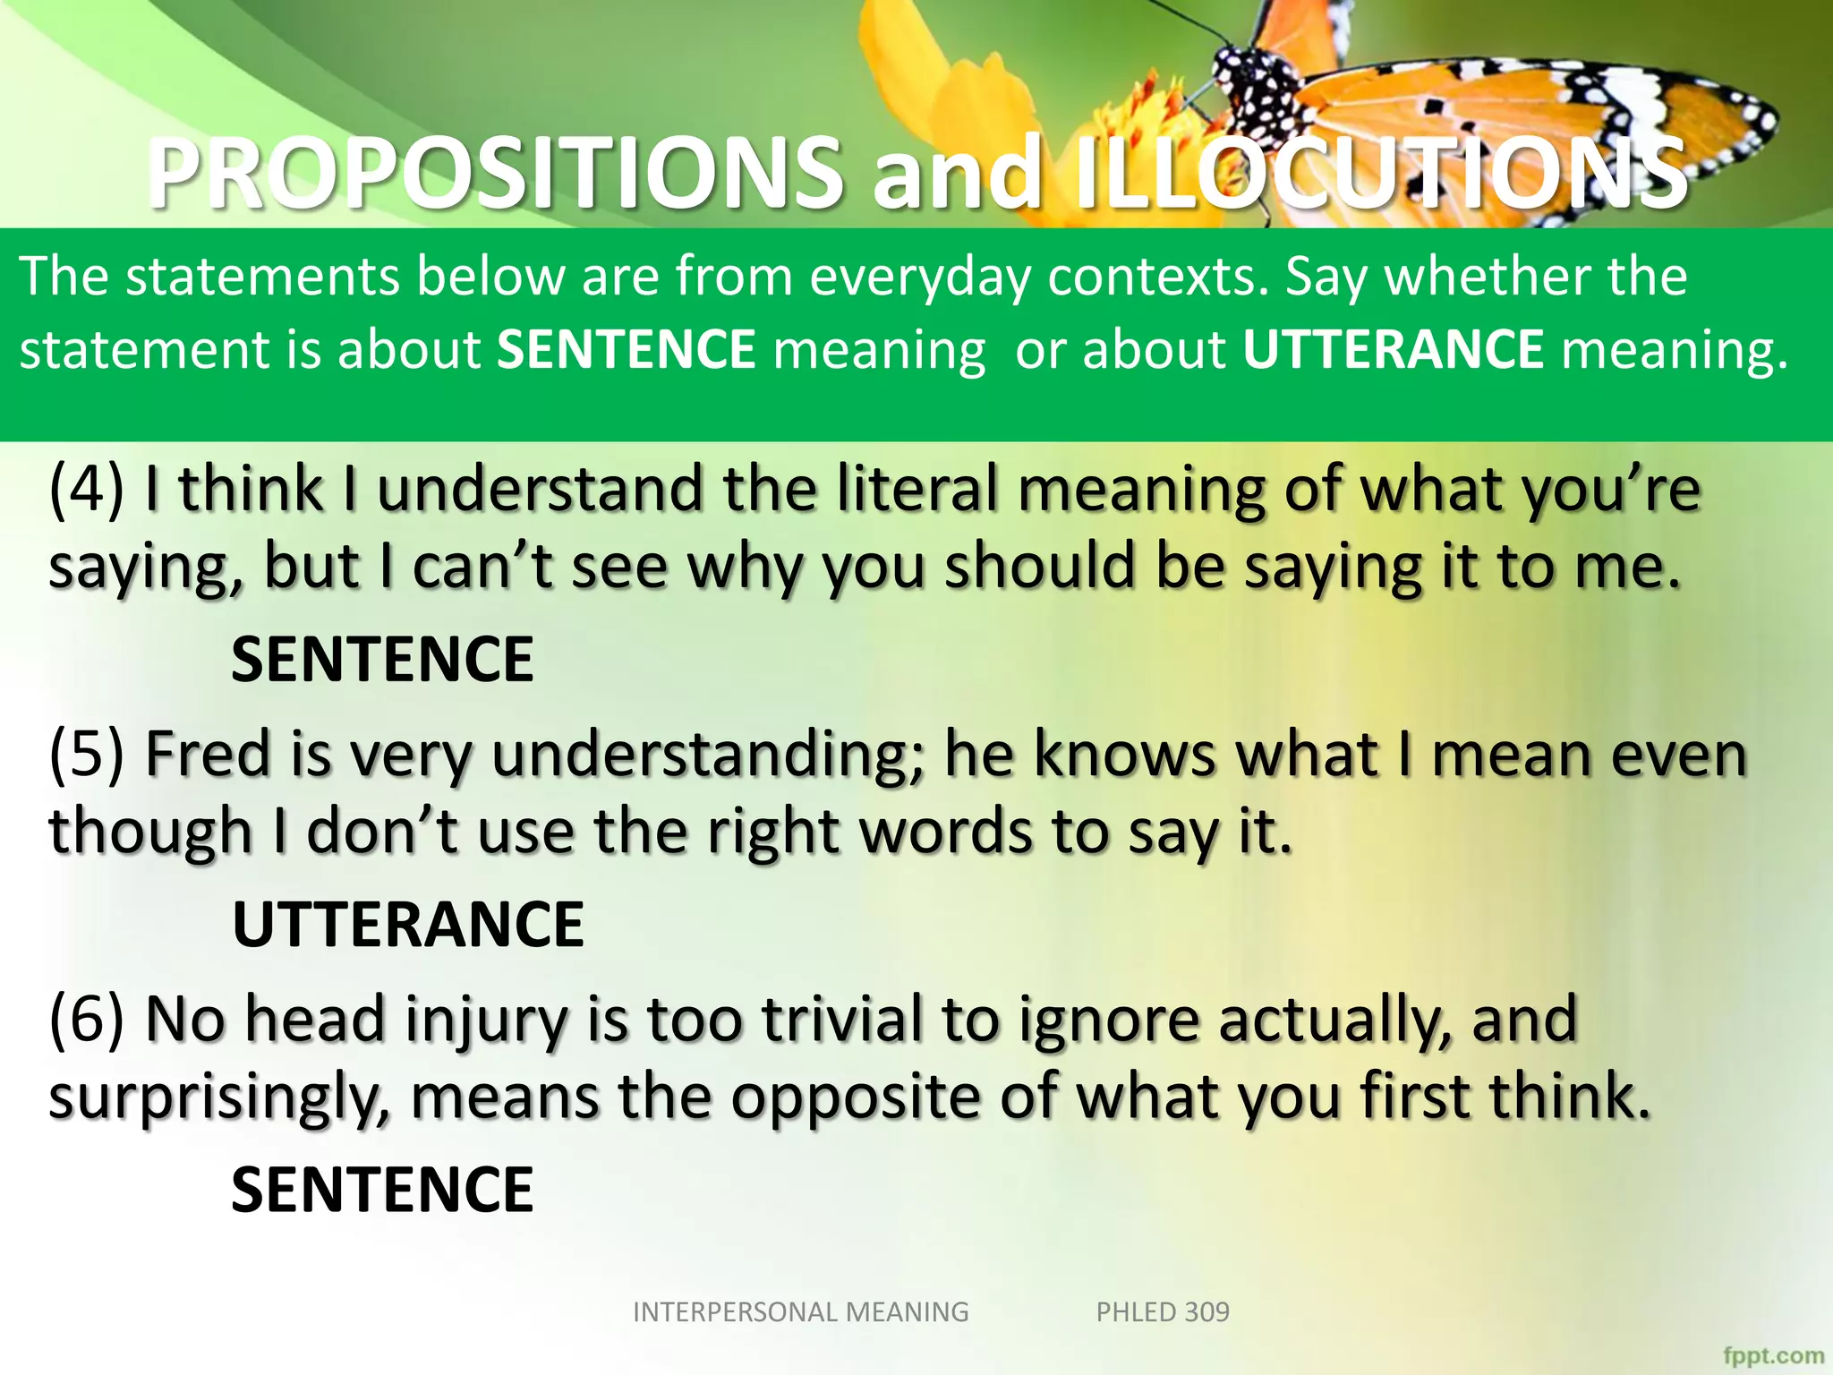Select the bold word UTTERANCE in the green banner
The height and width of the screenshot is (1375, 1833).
tap(1393, 349)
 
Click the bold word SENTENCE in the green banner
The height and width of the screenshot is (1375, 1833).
tap(626, 349)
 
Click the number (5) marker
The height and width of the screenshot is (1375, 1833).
tap(87, 754)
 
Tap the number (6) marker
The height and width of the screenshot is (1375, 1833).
tap(87, 1019)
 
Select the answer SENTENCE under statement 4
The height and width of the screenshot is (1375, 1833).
tap(382, 659)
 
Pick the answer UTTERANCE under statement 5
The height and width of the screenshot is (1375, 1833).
tap(408, 925)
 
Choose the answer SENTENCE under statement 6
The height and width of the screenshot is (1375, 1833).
tap(382, 1190)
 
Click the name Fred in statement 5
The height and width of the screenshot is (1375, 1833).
tap(207, 754)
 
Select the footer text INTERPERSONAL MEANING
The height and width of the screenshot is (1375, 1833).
tap(800, 1311)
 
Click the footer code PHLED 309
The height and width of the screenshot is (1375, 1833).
tap(1163, 1311)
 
